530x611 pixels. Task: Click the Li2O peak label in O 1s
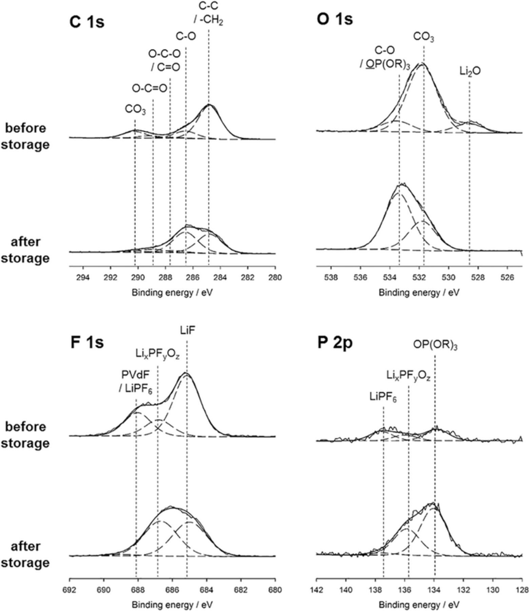[470, 71]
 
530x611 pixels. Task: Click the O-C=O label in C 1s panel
[150, 89]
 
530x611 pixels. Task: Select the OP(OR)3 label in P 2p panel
[435, 345]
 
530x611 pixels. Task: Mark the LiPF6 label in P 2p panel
[383, 397]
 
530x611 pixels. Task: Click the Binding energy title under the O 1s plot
[419, 293]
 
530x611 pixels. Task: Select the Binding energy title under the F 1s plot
[172, 605]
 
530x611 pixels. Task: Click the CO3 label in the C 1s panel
[135, 110]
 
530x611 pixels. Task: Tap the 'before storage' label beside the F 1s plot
[26, 435]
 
